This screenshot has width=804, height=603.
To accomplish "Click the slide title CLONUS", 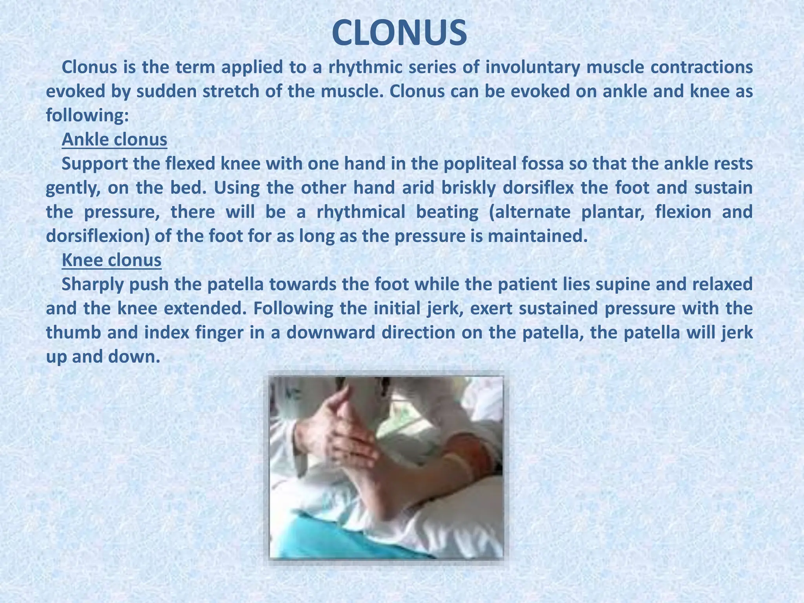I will tap(399, 33).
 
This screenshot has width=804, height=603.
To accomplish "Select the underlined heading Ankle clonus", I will tap(114, 140).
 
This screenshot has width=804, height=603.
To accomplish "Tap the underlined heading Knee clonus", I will tap(111, 260).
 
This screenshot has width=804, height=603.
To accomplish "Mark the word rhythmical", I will tap(361, 212).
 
